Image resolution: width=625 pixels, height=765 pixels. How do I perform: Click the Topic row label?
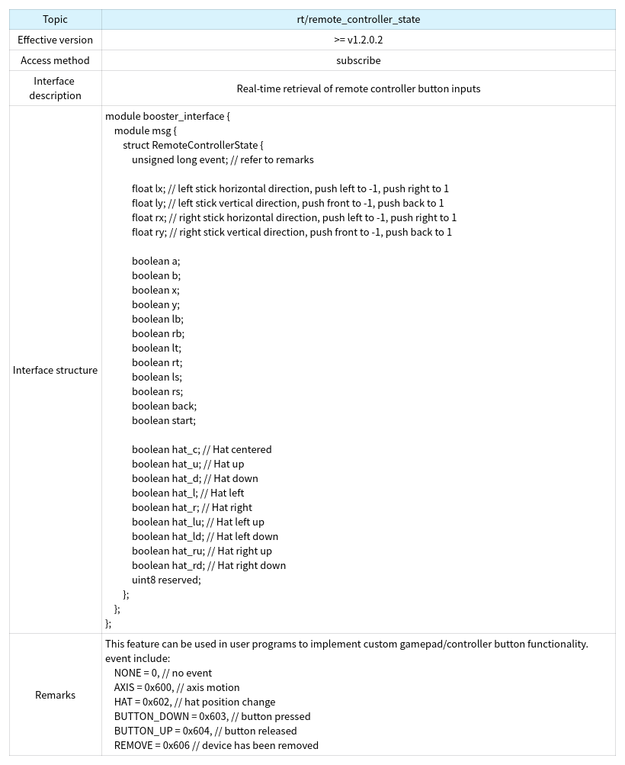[55, 19]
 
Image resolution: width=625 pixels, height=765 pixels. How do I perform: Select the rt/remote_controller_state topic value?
[358, 19]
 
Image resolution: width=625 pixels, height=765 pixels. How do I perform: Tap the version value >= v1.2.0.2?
[358, 40]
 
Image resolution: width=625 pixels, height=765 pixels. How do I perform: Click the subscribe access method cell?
[358, 60]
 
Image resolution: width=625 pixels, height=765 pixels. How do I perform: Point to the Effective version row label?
[55, 40]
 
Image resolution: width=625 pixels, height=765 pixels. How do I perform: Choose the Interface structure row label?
[55, 370]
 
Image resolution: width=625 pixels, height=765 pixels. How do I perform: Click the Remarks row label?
[55, 695]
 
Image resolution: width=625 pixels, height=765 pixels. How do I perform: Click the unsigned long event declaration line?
[223, 159]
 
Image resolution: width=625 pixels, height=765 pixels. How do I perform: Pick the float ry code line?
[291, 232]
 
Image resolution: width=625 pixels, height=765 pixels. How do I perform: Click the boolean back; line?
[164, 406]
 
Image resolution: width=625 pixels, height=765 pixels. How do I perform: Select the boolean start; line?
[164, 420]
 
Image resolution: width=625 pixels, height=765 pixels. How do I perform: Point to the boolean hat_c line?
[201, 449]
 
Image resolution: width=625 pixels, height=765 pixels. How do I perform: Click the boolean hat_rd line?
[209, 565]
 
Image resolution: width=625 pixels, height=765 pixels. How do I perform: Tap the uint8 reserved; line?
[166, 580]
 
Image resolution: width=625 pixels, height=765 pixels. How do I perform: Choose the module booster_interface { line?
[167, 116]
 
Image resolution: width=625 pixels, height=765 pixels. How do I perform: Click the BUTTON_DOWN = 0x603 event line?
[212, 716]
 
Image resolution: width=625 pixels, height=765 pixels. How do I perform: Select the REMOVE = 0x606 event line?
[216, 745]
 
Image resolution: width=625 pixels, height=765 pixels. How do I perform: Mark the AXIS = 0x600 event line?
[187, 687]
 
